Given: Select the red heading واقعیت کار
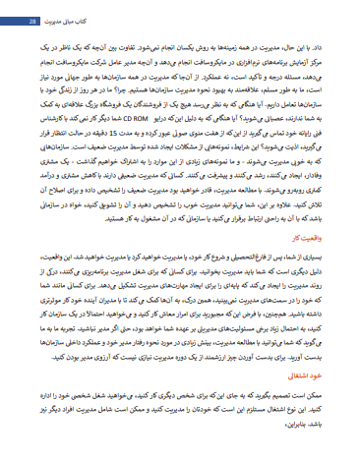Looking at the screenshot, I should tap(317, 238).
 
